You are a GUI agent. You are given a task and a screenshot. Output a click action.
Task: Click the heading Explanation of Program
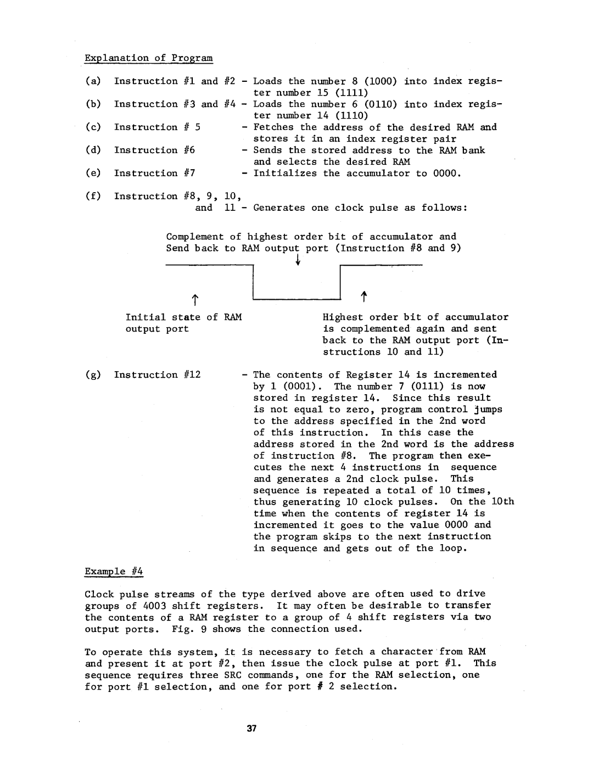point(148,58)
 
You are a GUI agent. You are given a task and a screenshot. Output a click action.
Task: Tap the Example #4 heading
point(114,572)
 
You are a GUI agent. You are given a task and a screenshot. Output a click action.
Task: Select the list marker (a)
point(92,81)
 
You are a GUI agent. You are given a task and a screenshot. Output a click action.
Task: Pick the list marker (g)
point(92,375)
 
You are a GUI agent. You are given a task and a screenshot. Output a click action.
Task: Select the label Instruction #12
point(157,375)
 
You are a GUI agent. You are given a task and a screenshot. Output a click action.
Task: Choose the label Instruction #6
point(154,150)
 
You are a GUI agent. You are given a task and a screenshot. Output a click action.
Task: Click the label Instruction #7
point(154,173)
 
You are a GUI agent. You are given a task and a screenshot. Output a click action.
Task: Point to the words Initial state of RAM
point(183,317)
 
